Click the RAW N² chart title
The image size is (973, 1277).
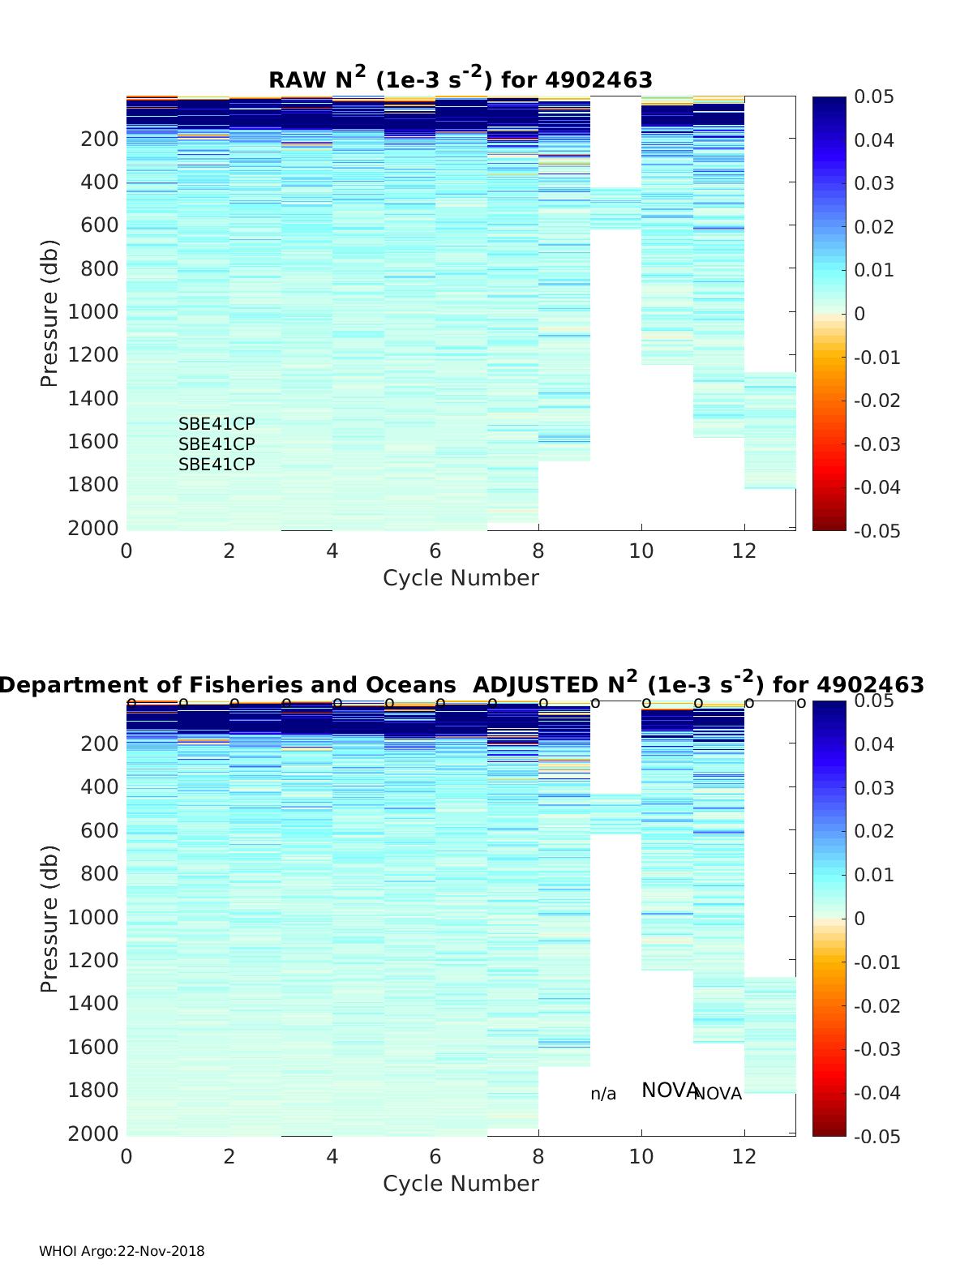coord(461,79)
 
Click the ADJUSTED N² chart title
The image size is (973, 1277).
coord(461,684)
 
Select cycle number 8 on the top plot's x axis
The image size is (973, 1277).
coord(538,551)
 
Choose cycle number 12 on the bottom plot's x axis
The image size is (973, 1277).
coord(744,1156)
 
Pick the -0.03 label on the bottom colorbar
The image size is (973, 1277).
coord(877,1049)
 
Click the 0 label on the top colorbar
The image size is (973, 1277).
coord(860,314)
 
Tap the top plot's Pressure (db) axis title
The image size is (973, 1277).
coord(49,313)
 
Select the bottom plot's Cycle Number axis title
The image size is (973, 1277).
coord(461,1184)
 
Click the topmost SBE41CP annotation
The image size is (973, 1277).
coord(216,423)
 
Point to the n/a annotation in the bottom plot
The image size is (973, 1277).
coord(603,1095)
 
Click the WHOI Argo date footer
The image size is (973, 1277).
coord(122,1251)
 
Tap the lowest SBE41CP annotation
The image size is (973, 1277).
coord(216,465)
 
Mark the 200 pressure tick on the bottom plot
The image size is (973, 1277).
coord(100,743)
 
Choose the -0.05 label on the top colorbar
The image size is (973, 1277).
coord(877,530)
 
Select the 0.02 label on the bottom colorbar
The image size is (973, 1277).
coord(873,831)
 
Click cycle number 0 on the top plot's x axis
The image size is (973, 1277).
coord(126,551)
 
